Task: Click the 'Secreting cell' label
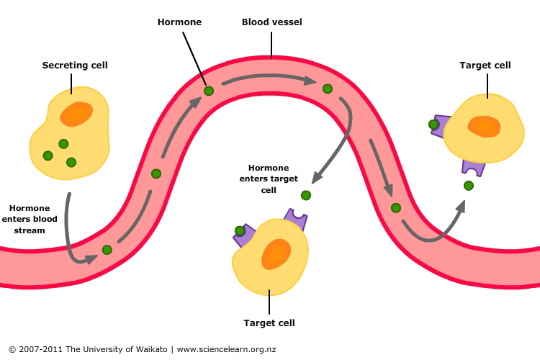(75, 66)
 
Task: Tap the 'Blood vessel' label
(271, 22)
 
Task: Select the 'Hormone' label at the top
(180, 22)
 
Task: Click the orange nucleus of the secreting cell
(76, 114)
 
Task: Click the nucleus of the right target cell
(484, 126)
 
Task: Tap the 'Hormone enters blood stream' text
(30, 219)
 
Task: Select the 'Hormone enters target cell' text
(269, 179)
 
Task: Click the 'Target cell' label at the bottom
(269, 323)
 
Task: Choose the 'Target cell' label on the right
(485, 66)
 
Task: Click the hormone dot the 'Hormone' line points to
(209, 91)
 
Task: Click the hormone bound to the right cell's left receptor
(433, 125)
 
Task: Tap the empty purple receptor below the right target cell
(473, 166)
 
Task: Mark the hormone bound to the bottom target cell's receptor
(240, 231)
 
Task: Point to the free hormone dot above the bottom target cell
(306, 195)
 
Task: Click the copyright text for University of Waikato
(142, 349)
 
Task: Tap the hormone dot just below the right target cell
(469, 186)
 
